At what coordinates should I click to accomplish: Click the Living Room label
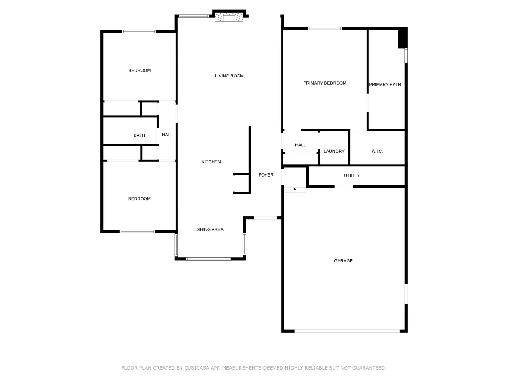[229, 76]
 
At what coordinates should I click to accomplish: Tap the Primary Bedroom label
[325, 83]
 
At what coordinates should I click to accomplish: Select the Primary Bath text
[385, 85]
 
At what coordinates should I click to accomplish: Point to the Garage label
[343, 261]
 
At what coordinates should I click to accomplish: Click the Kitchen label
[211, 162]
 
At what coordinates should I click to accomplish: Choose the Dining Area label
[210, 229]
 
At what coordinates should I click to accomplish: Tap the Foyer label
[266, 175]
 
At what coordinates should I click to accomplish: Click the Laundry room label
[334, 151]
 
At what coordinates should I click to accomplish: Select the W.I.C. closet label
[377, 151]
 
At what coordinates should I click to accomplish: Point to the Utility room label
[352, 175]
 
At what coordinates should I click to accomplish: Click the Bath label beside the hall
[139, 135]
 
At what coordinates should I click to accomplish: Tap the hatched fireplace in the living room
[229, 17]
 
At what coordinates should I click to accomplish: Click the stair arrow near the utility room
[295, 190]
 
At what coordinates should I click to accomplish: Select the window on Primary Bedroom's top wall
[325, 28]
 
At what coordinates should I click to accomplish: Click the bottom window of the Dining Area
[208, 259]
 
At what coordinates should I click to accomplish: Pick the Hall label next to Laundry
[301, 145]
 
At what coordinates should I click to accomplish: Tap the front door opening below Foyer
[265, 218]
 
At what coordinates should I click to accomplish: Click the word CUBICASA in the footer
[196, 368]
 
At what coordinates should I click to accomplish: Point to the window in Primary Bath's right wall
[406, 56]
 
